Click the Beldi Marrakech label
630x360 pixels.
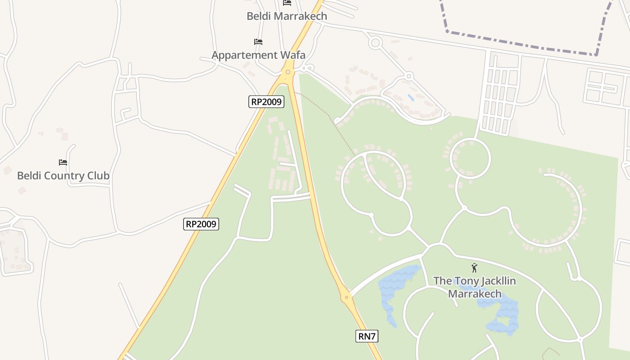point(287,16)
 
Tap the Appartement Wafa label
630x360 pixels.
point(258,55)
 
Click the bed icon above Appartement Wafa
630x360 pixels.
point(258,42)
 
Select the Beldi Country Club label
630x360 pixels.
point(63,175)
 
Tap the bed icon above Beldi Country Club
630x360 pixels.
point(63,162)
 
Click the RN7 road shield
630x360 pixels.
point(367,336)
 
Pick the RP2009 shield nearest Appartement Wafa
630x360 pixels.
point(266,102)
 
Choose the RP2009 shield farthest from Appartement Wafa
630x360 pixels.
point(201,224)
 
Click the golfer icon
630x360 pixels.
point(474,268)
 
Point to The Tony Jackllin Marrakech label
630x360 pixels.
point(475,287)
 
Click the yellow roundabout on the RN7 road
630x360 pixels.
point(346,297)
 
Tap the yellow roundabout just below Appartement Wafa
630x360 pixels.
point(288,72)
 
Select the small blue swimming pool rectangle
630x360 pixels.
point(411,97)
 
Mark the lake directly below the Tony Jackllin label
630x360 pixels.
point(502,315)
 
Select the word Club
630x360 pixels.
point(98,175)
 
